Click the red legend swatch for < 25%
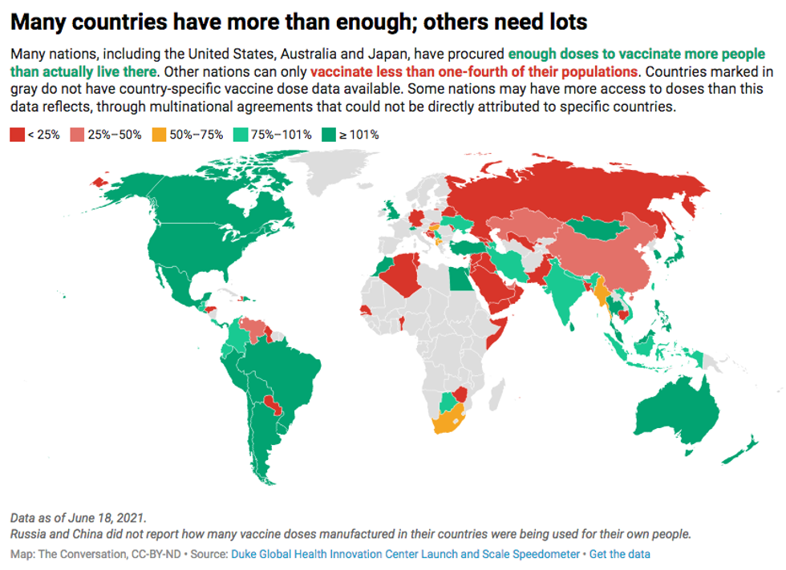tap(17, 135)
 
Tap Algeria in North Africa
tap(401, 277)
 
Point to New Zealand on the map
tap(746, 449)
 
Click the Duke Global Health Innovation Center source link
tap(405, 554)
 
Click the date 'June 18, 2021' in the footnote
tap(107, 518)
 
